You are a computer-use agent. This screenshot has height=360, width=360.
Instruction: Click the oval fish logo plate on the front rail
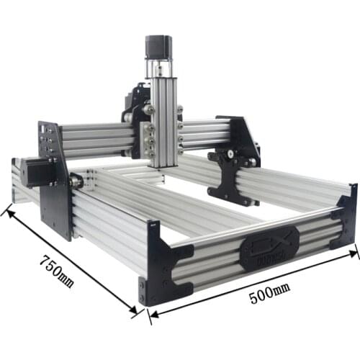(269, 246)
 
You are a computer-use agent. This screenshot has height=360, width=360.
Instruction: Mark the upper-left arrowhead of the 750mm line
(8, 211)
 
